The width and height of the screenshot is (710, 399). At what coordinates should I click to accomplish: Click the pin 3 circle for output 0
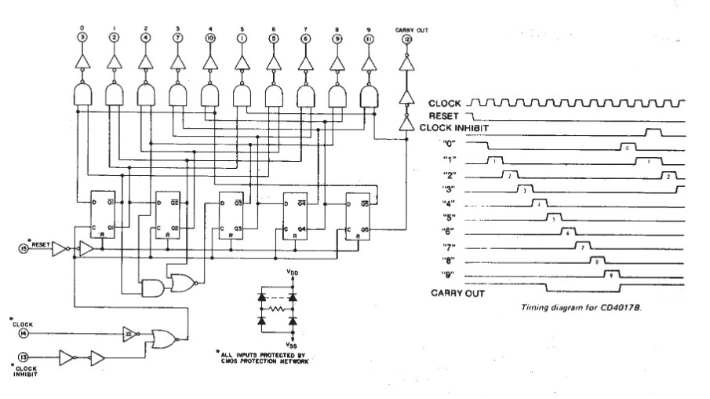coord(82,37)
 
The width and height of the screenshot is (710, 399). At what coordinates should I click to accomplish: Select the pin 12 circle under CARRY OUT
coord(405,37)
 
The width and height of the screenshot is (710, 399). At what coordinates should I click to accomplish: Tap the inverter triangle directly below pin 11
coord(367,62)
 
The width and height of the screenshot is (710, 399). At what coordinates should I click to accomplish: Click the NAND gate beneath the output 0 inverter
coord(82,95)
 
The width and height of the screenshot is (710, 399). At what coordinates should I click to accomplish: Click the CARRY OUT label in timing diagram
coord(456,293)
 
